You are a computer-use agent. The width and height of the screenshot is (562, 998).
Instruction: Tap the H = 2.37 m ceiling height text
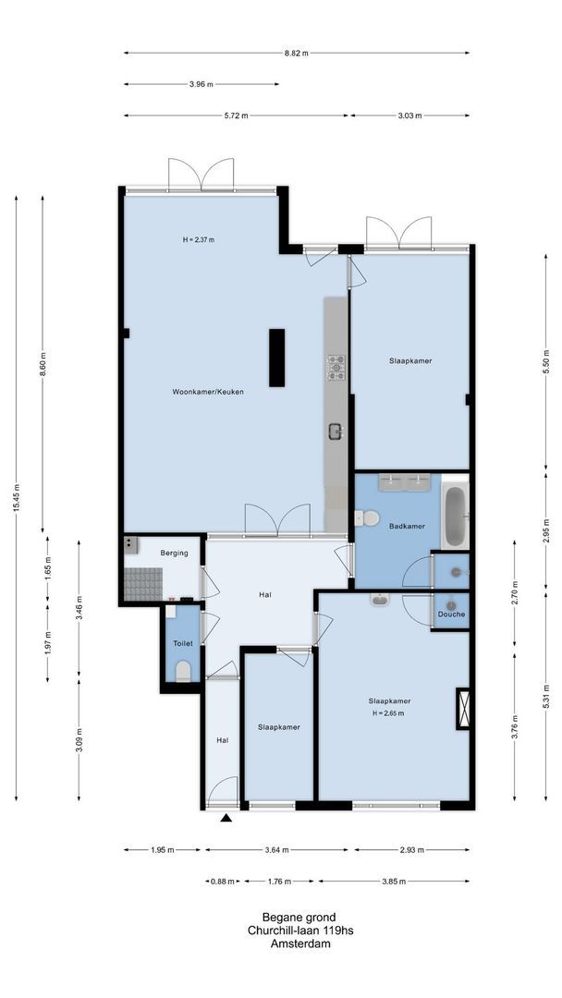pyautogui.click(x=199, y=240)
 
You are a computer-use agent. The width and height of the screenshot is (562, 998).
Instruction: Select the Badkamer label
pyautogui.click(x=407, y=526)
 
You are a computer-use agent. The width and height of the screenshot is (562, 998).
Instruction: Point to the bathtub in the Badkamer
pyautogui.click(x=456, y=514)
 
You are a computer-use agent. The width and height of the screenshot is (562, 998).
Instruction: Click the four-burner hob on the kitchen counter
pyautogui.click(x=336, y=367)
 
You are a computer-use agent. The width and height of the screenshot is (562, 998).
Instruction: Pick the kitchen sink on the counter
pyautogui.click(x=336, y=430)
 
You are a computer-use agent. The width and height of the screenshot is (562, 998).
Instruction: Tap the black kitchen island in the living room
pyautogui.click(x=276, y=358)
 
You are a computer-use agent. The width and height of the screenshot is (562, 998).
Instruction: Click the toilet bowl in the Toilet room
pyautogui.click(x=183, y=670)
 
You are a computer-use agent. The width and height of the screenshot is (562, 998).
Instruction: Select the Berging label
pyautogui.click(x=174, y=553)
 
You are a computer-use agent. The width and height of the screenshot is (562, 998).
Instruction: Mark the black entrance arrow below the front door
pyautogui.click(x=226, y=817)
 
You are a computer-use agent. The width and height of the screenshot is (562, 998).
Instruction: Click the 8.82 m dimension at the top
pyautogui.click(x=297, y=53)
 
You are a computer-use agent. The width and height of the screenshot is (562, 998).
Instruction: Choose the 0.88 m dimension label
pyautogui.click(x=223, y=881)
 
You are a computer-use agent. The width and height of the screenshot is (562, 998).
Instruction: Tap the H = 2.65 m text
pyautogui.click(x=389, y=713)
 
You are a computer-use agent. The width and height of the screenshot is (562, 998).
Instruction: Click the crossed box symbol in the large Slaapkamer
pyautogui.click(x=463, y=710)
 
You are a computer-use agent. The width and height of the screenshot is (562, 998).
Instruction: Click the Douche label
pyautogui.click(x=451, y=615)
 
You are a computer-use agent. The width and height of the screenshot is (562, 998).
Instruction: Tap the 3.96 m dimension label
pyautogui.click(x=201, y=84)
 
